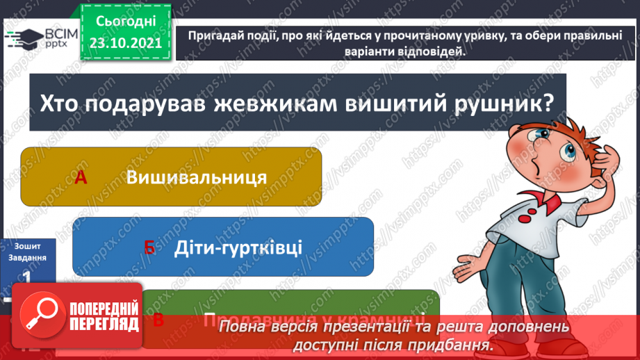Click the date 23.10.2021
(125, 42)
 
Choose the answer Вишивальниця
(197, 177)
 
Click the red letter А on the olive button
(81, 178)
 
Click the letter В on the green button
(158, 320)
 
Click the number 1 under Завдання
(26, 277)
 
